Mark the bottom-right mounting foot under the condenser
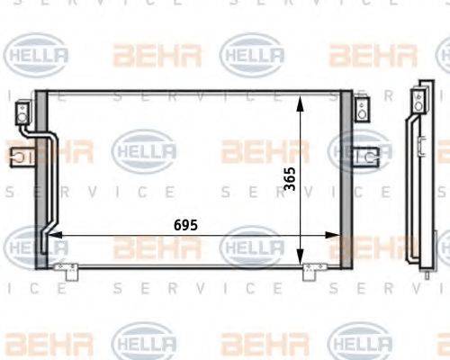tap(311, 267)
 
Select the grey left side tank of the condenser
tap(40, 180)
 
